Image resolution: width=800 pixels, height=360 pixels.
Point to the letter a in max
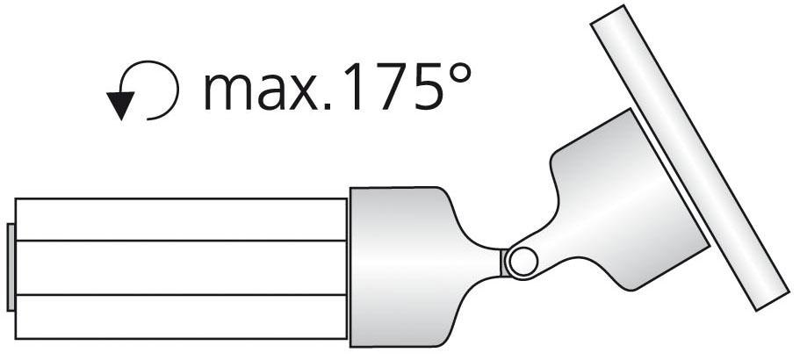pos(264,91)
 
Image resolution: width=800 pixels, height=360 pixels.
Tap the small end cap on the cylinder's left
pos(11,267)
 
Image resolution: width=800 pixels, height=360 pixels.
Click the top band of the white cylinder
pos(180,220)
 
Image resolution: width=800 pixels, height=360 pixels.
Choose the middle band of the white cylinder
pos(180,267)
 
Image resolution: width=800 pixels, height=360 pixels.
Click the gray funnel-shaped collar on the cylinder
pos(404,263)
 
